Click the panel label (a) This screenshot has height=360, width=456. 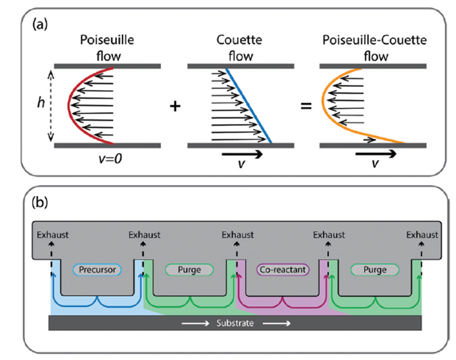coord(40,24)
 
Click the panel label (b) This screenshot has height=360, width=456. coord(40,202)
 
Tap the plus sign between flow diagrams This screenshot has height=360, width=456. coord(175,106)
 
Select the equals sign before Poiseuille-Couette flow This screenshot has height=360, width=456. coord(306,106)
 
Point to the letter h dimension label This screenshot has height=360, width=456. coord(41,102)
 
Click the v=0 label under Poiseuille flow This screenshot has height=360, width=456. coord(110,159)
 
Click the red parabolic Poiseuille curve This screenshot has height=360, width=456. coord(69,105)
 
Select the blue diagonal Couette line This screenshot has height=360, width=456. coord(249,106)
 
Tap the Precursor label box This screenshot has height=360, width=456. coord(97,269)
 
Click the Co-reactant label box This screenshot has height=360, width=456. coord(283,269)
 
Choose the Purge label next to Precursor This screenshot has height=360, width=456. coord(189,269)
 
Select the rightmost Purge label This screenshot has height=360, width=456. coord(375,269)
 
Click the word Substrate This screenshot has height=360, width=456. coord(235,323)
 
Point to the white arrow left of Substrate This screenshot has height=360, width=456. coord(196,323)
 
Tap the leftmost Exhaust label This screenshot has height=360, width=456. coord(53,235)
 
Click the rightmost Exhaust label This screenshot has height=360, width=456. coord(422,235)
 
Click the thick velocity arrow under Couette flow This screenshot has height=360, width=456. coord(242,154)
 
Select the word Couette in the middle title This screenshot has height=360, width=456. coord(239,40)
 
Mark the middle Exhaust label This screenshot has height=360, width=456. coord(238,235)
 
